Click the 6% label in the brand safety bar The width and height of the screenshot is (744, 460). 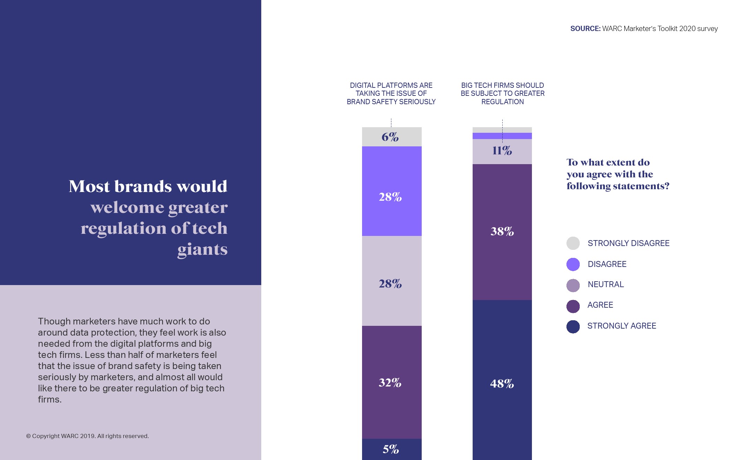click(x=390, y=137)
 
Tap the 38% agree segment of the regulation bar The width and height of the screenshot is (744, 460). click(x=502, y=231)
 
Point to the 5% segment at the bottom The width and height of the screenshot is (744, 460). click(x=391, y=449)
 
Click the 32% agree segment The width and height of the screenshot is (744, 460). click(x=390, y=382)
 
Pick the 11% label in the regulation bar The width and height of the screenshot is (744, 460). click(x=502, y=151)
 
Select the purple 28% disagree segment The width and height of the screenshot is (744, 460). click(x=390, y=197)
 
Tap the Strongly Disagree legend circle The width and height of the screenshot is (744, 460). click(x=573, y=243)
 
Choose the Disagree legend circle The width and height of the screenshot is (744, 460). click(x=573, y=264)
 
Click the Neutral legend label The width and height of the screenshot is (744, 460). click(x=606, y=284)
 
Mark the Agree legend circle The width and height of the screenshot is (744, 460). click(x=573, y=306)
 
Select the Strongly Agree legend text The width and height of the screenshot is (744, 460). click(x=622, y=326)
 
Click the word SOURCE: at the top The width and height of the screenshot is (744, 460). click(x=585, y=29)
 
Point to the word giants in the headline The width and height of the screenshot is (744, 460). click(x=202, y=250)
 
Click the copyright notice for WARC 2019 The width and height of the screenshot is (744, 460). click(x=88, y=436)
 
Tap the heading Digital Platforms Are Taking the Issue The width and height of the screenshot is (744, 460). click(x=391, y=93)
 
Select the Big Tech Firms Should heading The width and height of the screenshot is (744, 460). click(x=502, y=93)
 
